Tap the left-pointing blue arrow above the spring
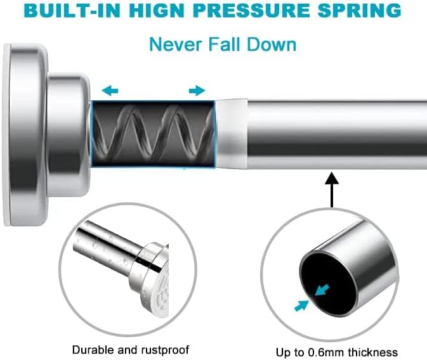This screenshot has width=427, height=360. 110,90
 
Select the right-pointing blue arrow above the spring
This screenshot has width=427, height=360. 197,90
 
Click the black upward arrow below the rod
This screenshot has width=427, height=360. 332,190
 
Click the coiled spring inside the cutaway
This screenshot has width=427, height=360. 152,133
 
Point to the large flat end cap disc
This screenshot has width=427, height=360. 25,135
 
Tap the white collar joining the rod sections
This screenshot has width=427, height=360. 232,133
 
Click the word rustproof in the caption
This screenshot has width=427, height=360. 166,350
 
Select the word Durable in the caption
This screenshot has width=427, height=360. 93,349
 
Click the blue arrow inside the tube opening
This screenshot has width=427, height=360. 322,290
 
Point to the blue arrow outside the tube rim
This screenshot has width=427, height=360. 302,305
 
